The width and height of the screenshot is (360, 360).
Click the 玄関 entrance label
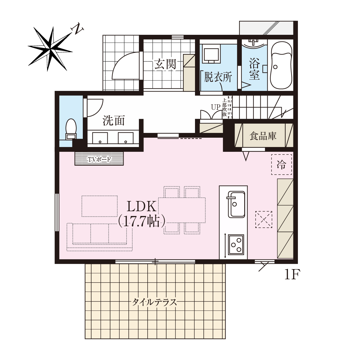(x=165, y=64)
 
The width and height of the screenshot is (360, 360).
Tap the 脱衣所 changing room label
(x=218, y=77)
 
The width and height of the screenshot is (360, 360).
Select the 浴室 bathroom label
(x=254, y=69)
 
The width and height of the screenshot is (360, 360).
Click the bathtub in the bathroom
(x=281, y=65)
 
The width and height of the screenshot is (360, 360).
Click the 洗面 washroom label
(x=114, y=121)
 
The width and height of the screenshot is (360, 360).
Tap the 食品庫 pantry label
(x=263, y=136)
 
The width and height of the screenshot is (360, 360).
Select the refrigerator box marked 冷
(x=281, y=165)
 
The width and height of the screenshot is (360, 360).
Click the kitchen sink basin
(x=236, y=205)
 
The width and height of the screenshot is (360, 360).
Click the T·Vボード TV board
(x=99, y=159)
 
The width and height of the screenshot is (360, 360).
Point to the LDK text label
(x=141, y=206)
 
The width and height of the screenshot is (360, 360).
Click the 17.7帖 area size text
(x=141, y=221)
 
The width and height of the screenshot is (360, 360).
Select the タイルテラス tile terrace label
(x=154, y=302)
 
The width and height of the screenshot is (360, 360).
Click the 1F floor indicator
(x=292, y=274)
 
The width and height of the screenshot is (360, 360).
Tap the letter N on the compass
(x=77, y=29)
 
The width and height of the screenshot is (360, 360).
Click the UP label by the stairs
(x=216, y=107)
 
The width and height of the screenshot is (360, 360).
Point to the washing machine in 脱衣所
(x=211, y=54)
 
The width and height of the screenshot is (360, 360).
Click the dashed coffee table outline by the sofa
(x=100, y=206)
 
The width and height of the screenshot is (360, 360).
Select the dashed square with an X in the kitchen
(x=264, y=220)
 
